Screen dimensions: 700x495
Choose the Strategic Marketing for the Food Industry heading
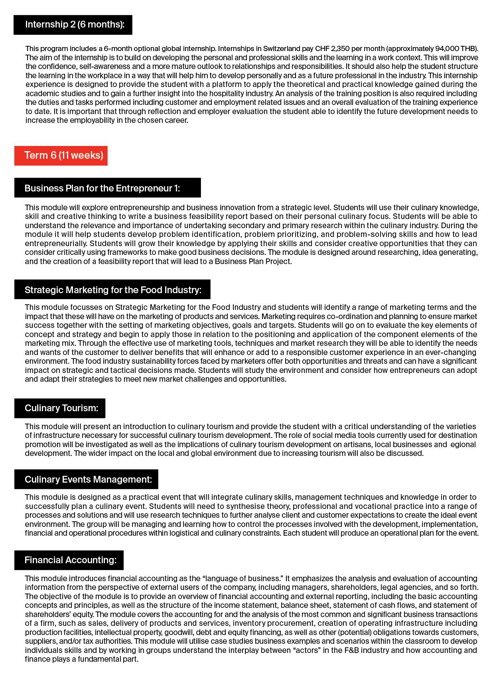[x=112, y=290]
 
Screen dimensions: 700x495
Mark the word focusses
[x=98, y=307]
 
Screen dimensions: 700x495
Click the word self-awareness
[x=105, y=66]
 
